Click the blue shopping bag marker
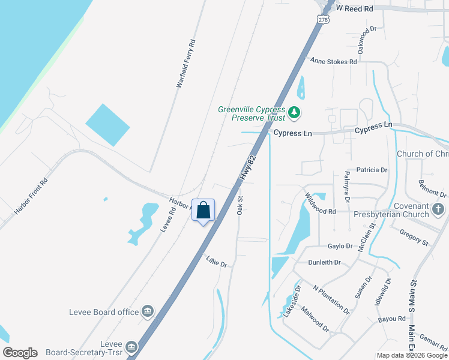(203, 211)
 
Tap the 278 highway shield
(324, 20)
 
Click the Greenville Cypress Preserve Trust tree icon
(294, 112)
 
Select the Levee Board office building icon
(148, 311)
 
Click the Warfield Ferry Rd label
(186, 64)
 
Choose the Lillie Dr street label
(217, 261)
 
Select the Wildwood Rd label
(319, 203)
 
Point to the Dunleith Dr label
(324, 262)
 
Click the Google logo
(20, 353)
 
